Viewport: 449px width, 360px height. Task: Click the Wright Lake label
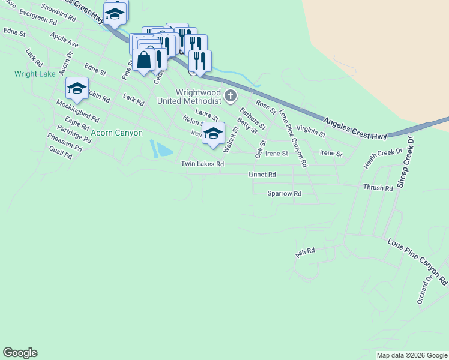tap(35, 74)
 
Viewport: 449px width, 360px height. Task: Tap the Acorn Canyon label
tap(117, 133)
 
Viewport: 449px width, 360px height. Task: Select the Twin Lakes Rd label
tap(202, 164)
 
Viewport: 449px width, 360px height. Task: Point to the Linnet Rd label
tap(262, 175)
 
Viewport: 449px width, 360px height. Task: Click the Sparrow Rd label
tap(284, 194)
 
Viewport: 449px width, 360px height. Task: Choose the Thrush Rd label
tap(378, 188)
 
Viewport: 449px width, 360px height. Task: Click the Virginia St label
tap(310, 131)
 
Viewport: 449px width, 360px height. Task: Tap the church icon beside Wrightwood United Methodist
tap(230, 96)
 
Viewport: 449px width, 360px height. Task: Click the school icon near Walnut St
tap(212, 134)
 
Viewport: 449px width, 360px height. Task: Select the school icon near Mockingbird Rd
tap(77, 89)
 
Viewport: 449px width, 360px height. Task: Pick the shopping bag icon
tap(144, 60)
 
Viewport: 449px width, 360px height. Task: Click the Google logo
tap(20, 353)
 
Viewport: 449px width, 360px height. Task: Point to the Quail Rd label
tap(61, 155)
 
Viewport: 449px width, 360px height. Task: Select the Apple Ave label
tap(65, 40)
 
